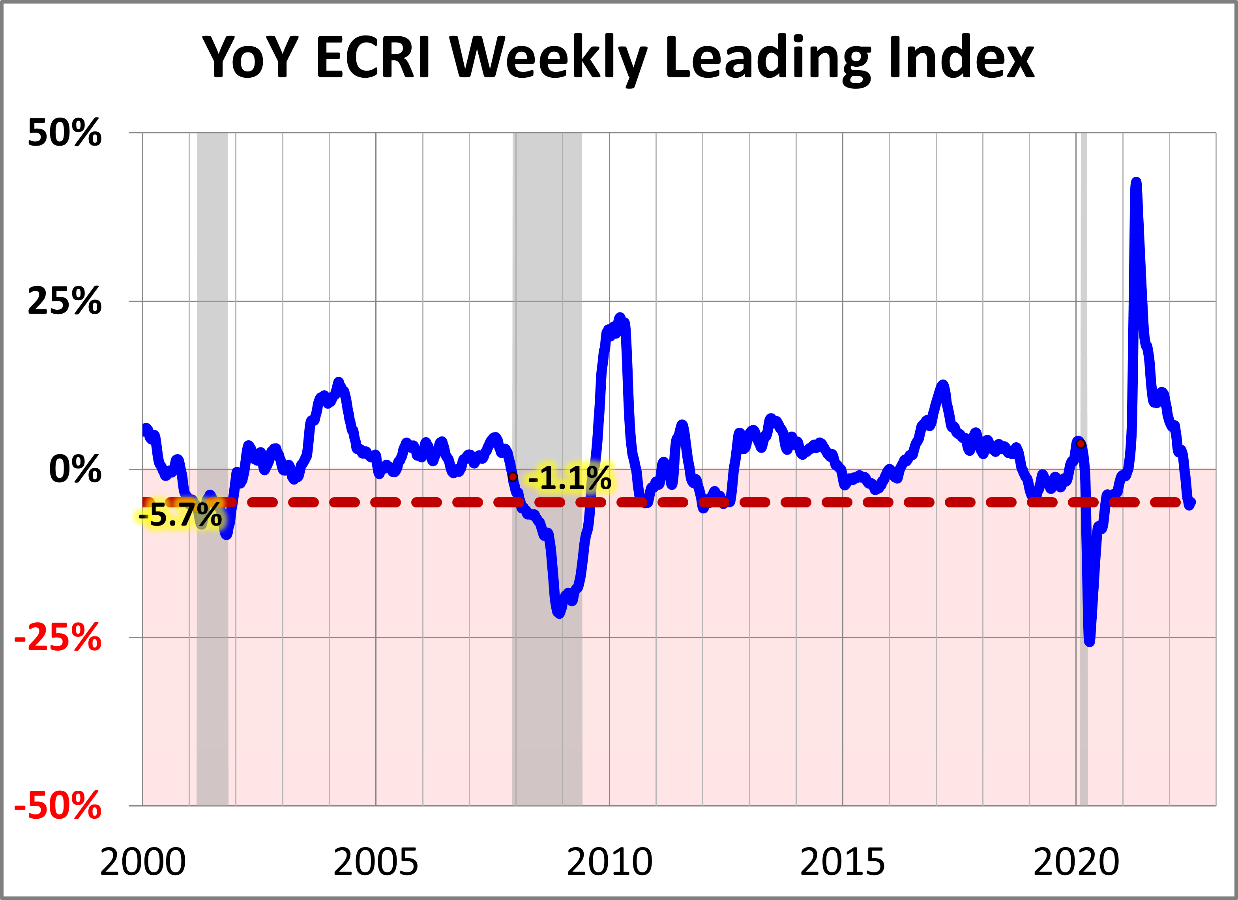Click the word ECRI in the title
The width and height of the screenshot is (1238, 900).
point(373,57)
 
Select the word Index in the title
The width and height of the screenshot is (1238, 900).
point(960,57)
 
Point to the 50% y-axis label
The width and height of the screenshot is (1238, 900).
point(64,133)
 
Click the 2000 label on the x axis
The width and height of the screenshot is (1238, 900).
point(142,863)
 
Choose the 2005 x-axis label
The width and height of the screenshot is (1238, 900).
point(376,863)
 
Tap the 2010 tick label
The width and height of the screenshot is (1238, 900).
point(609,863)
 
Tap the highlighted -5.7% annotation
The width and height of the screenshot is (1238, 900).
point(180,515)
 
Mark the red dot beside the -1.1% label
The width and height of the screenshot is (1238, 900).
point(513,477)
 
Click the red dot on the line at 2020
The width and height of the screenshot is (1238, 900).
point(1080,444)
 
